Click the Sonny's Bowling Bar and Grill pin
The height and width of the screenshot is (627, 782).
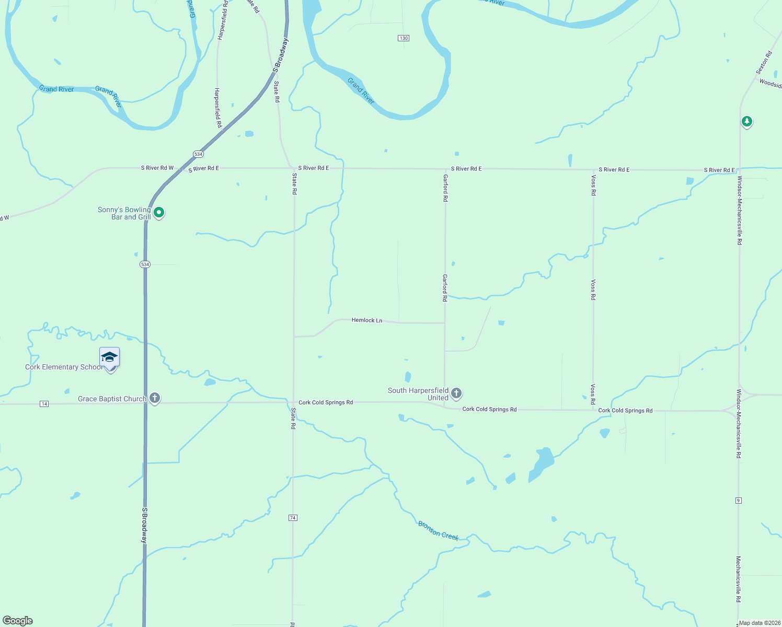pos(159,212)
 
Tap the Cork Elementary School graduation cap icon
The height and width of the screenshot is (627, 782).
pos(109,357)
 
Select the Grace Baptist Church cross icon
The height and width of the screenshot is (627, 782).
pos(155,398)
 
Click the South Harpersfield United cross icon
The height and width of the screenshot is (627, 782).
pos(456,393)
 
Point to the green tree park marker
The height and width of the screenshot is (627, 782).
pos(747,122)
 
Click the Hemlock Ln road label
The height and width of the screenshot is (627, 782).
pos(366,320)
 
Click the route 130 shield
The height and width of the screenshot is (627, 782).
pos(403,38)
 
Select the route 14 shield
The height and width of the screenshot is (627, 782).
pos(44,404)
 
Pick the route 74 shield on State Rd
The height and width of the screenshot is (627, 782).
pos(293,518)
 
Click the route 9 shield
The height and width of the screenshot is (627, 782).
pos(739,501)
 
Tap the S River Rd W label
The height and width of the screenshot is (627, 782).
pos(157,168)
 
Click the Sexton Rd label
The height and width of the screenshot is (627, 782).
pos(764,62)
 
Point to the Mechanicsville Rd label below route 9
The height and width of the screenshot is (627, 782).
pos(739,579)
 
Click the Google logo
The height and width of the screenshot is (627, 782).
pos(18,621)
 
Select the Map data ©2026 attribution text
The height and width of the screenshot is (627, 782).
pos(759,623)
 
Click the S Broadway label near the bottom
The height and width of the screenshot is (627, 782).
pos(145,526)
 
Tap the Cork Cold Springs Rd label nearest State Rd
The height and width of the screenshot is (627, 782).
pos(325,402)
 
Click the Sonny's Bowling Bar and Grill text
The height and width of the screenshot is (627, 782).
pos(124,213)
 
